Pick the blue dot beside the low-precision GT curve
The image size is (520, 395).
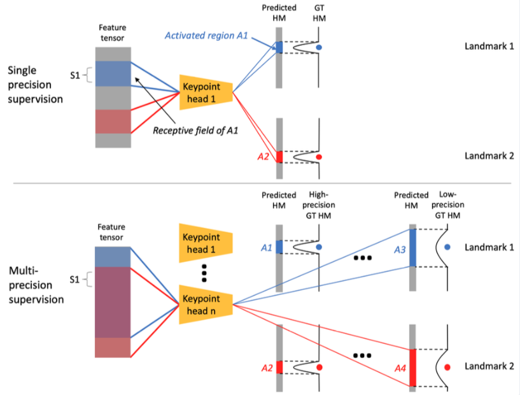(448, 247)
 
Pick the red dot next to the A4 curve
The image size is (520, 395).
(448, 367)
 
